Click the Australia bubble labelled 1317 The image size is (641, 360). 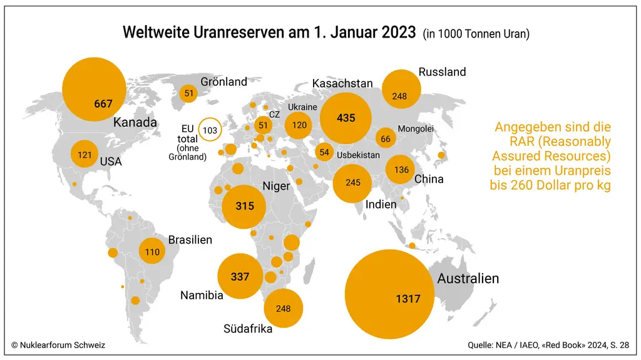point(389,294)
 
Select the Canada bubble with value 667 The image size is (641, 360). point(94,89)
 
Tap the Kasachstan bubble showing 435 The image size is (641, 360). point(346,118)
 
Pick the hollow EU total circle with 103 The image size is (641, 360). point(210,130)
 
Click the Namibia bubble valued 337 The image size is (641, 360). point(240,276)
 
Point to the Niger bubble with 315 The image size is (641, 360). point(244,207)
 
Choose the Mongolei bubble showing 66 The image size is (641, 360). point(386,139)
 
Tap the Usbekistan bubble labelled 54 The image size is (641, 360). point(324,152)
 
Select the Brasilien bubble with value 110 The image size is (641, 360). point(152,251)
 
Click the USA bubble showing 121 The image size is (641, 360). point(85,154)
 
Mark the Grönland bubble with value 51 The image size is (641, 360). point(188,93)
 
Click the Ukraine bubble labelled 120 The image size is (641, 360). point(299,125)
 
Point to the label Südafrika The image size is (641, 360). point(248,329)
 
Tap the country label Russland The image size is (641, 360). point(443,72)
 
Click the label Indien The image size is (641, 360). point(381,204)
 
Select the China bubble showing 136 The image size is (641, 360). point(400,170)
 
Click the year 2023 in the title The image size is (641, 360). point(399,32)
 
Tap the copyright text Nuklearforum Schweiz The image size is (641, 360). point(63,345)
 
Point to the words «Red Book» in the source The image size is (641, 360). point(563,345)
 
